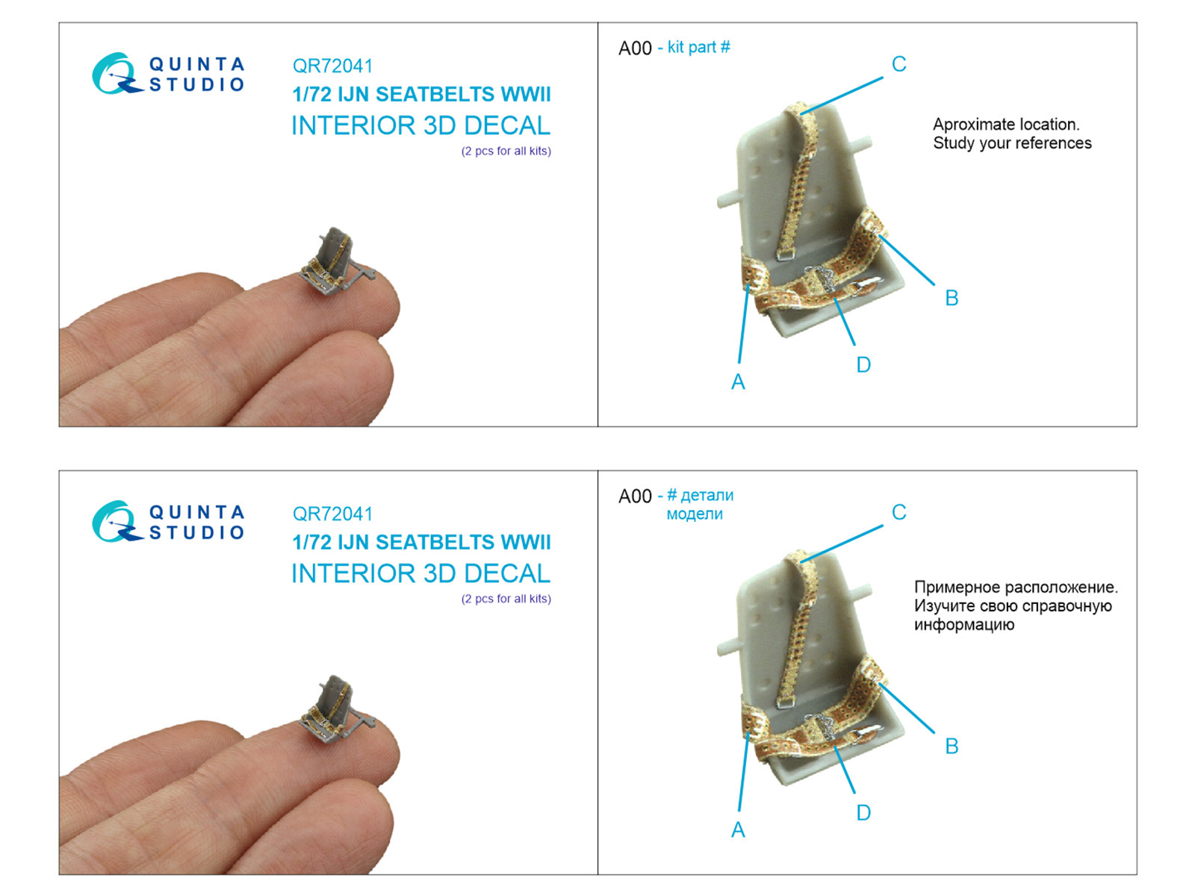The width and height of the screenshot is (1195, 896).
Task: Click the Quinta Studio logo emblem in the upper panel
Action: click(117, 73)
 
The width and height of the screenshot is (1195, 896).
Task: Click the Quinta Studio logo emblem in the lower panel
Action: click(117, 521)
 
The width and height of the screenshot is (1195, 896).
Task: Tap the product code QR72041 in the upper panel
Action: click(332, 66)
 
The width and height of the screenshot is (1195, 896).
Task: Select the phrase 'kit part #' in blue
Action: click(698, 47)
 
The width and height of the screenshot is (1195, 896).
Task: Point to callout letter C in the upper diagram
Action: click(898, 64)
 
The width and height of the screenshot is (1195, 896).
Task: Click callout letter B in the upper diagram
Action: click(952, 298)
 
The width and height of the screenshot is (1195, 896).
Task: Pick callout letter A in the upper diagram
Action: click(738, 382)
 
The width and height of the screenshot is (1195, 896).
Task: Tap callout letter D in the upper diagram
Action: click(863, 365)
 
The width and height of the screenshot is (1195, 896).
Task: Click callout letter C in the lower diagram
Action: click(898, 512)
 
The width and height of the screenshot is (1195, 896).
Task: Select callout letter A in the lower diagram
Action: click(738, 830)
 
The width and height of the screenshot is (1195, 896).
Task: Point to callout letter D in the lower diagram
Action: click(863, 813)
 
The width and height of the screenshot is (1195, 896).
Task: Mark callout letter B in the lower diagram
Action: click(952, 746)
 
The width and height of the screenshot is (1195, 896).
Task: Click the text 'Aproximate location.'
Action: click(1006, 125)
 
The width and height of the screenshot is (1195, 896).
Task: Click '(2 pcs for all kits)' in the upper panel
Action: click(506, 152)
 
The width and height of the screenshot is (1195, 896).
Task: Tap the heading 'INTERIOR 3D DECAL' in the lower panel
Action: click(420, 573)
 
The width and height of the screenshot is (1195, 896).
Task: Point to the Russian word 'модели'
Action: click(695, 514)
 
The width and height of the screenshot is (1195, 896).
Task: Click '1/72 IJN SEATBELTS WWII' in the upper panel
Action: click(421, 95)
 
